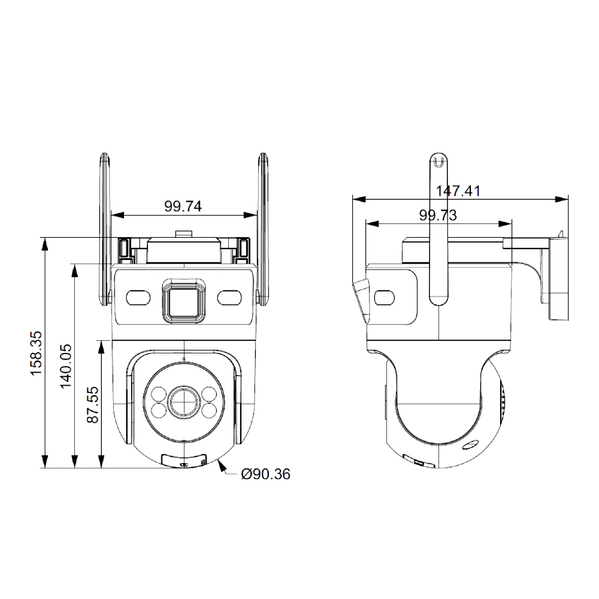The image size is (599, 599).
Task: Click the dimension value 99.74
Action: pos(183,207)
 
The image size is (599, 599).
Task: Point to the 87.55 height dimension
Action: pos(93,405)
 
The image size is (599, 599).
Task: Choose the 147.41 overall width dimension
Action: pos(458,191)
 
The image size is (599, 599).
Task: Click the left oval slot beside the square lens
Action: pos(138,298)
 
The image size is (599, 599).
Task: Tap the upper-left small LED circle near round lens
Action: pos(159,394)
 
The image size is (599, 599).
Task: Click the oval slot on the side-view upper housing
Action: pos(382,298)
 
